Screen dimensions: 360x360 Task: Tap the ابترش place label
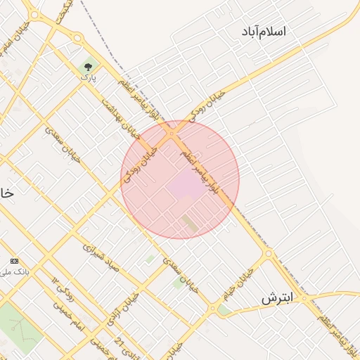coord(276,298)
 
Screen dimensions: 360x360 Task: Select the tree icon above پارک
coord(87,67)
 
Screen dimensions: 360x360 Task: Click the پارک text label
coord(87,77)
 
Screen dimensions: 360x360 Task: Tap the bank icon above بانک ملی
coord(15,261)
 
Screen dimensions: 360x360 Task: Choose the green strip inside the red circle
coord(191,224)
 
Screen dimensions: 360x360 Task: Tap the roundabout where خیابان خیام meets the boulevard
coord(268,253)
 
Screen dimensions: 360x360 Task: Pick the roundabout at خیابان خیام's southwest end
coord(212,308)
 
